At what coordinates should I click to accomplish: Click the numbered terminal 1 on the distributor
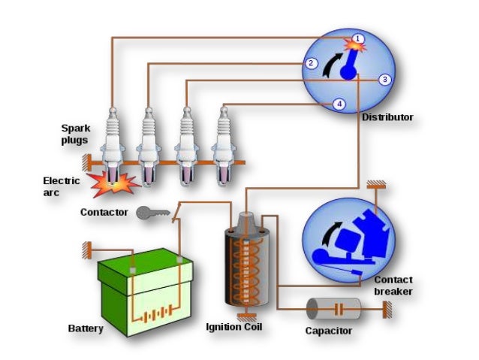(359, 38)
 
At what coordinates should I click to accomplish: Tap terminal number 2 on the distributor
(310, 64)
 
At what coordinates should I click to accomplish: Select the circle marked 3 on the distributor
(384, 79)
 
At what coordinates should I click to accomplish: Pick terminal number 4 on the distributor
(339, 104)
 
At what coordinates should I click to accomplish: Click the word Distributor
(387, 117)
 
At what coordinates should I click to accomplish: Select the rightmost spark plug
(222, 143)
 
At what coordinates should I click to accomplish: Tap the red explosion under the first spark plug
(111, 183)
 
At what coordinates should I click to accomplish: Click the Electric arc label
(62, 186)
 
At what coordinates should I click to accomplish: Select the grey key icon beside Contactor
(151, 213)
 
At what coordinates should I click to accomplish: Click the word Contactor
(104, 213)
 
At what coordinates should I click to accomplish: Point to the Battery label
(86, 328)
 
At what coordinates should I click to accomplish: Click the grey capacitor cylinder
(333, 308)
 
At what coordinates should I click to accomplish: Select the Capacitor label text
(328, 331)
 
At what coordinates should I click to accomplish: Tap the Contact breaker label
(393, 286)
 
